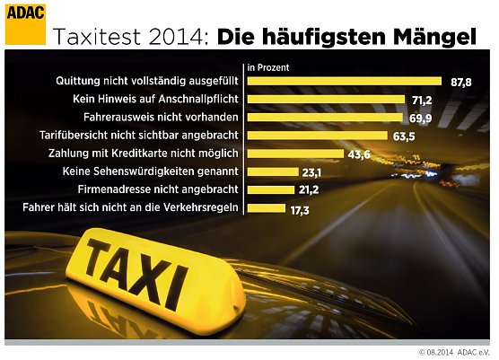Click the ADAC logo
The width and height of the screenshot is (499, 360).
[x=25, y=23]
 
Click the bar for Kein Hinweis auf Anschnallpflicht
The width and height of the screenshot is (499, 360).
[x=323, y=100]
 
